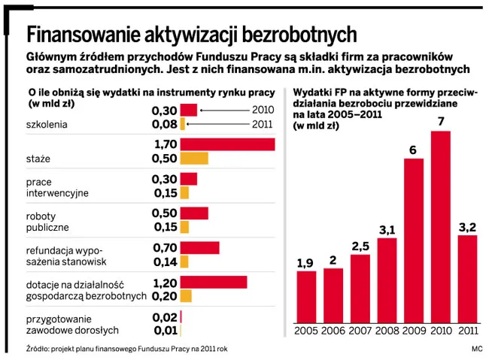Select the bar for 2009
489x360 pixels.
point(414,241)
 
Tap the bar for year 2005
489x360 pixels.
point(306,297)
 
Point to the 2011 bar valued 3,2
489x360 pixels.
point(467,279)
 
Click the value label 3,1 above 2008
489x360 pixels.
point(387,230)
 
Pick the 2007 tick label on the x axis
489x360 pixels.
point(360,331)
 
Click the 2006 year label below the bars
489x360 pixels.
point(333,331)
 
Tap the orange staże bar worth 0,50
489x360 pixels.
point(194,158)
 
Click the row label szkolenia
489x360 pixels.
point(47,124)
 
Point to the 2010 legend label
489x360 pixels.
point(263,110)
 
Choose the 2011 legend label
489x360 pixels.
point(263,124)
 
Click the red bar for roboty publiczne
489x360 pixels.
point(194,213)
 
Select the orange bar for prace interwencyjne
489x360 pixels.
point(185,192)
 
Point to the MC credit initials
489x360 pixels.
point(476,348)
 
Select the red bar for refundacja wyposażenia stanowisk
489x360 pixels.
point(200,247)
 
